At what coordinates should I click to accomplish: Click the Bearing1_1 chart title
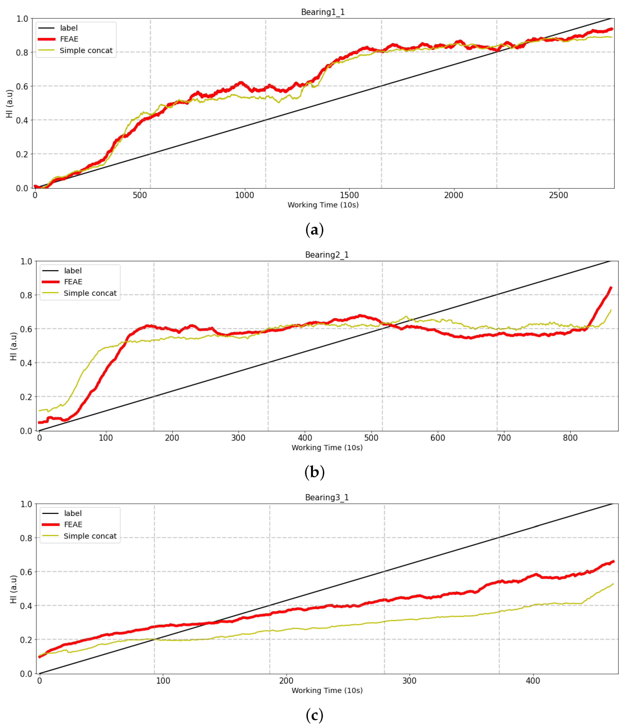[323, 12]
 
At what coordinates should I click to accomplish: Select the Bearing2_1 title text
[327, 255]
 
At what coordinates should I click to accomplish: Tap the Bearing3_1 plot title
[327, 497]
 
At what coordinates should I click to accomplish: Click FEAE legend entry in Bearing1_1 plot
[69, 39]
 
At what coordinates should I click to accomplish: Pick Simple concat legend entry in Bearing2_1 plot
[90, 293]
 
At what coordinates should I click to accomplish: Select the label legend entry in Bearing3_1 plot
[73, 513]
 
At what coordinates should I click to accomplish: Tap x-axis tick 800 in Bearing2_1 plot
[570, 438]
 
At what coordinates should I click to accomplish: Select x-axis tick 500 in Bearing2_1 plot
[371, 438]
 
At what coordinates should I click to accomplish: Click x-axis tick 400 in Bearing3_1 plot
[533, 681]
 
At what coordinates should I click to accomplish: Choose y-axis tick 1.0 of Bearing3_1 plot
[26, 504]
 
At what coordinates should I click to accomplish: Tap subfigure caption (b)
[314, 472]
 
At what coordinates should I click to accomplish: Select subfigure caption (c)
[314, 715]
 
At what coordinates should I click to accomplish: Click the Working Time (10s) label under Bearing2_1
[327, 448]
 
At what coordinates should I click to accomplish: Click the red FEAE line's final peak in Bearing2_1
[611, 287]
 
